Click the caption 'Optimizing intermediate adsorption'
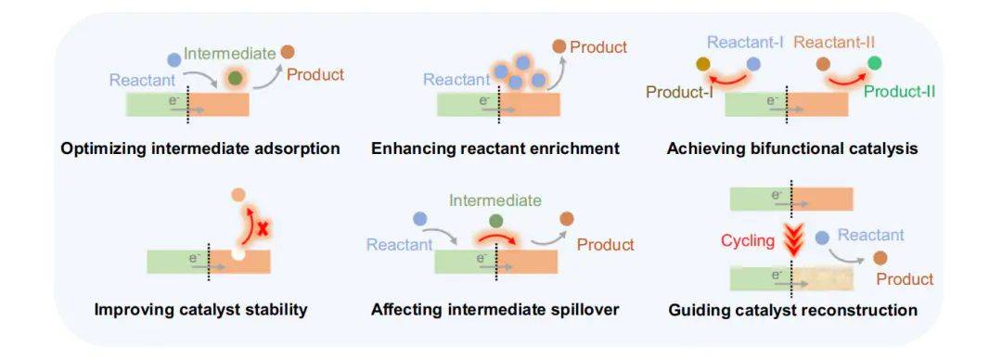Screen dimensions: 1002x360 [200, 149]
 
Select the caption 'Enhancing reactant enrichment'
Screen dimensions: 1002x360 [495, 149]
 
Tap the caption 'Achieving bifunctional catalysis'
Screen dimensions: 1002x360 [792, 149]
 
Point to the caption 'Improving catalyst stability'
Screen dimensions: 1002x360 [200, 310]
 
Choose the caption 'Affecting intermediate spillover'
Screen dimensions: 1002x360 [495, 310]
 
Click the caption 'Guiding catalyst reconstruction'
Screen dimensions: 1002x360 [793, 310]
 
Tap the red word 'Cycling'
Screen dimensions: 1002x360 [748, 241]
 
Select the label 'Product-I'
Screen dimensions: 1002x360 [679, 92]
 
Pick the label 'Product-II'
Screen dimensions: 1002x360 [899, 92]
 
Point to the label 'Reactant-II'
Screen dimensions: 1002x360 [835, 43]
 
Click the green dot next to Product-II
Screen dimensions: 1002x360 [875, 63]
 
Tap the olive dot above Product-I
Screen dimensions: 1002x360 [703, 63]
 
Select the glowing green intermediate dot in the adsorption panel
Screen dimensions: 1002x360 [236, 78]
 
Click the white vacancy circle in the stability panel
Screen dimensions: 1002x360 [238, 254]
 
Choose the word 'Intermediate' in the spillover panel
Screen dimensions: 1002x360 [495, 200]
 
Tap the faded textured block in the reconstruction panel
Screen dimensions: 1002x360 [822, 278]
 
